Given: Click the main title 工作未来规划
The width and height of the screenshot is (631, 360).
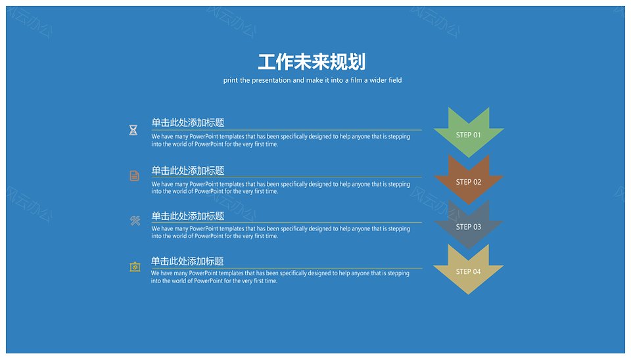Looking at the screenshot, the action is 312,62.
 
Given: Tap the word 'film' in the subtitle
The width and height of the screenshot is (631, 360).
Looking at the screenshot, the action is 356,80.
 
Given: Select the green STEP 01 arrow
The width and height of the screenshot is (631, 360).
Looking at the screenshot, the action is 469,132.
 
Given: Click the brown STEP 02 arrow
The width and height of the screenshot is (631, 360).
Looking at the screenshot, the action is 469,179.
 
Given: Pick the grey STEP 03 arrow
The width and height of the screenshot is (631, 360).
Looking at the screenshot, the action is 469,225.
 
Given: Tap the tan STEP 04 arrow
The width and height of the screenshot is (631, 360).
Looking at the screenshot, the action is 469,269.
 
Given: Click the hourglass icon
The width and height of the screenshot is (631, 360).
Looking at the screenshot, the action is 133,130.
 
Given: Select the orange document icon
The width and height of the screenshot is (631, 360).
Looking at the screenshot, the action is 134,176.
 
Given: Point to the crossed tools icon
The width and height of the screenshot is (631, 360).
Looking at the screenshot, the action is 135,221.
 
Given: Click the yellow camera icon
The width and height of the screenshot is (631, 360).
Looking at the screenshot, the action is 135,267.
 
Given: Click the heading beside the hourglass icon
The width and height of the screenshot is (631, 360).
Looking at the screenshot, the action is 188,123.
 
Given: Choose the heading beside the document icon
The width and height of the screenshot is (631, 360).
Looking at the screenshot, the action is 188,171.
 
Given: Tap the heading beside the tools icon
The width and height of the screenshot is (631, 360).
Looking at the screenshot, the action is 188,216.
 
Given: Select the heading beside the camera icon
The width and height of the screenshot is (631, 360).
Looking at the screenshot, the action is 187,261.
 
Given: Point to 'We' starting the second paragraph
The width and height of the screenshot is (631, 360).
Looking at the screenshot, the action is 155,184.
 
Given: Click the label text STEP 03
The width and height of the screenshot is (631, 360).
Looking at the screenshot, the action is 469,227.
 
